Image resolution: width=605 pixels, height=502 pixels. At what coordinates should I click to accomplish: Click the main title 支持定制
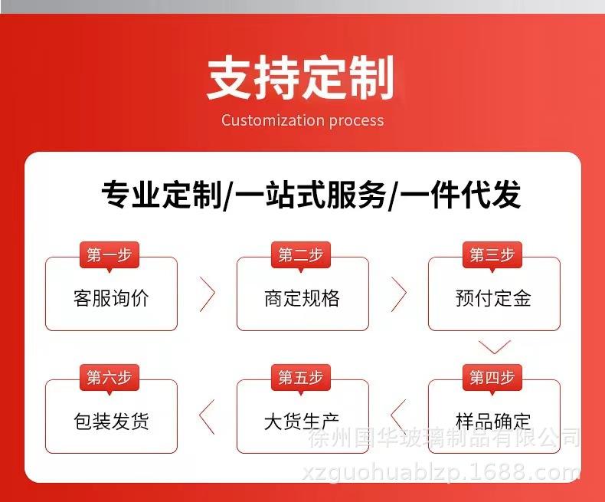tap(300, 77)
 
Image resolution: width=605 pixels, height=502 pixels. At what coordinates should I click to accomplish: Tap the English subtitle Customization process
tap(303, 120)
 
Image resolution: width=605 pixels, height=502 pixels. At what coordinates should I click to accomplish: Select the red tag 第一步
tap(110, 255)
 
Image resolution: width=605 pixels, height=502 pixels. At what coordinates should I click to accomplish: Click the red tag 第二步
tap(301, 255)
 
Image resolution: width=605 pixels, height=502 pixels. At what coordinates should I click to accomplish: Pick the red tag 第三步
tap(492, 255)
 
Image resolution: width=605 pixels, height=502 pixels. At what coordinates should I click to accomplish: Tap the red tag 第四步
tap(492, 378)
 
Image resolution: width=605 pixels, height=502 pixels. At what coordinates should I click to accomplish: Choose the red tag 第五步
tap(301, 378)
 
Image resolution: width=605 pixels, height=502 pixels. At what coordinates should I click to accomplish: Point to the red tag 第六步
tap(110, 378)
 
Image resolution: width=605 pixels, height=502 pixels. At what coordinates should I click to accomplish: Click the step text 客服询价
tap(111, 298)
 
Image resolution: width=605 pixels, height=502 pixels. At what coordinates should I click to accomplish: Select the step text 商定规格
tap(302, 298)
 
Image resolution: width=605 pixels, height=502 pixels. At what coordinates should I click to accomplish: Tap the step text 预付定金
tap(493, 298)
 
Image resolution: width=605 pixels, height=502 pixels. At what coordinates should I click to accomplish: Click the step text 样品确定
tap(493, 421)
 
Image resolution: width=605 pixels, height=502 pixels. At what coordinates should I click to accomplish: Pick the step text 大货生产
tap(302, 421)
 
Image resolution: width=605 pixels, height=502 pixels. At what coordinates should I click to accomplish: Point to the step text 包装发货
tap(111, 421)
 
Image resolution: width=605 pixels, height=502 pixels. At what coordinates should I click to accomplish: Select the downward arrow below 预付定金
tap(494, 353)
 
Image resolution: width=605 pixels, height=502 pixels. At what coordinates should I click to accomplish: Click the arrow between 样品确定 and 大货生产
tap(392, 417)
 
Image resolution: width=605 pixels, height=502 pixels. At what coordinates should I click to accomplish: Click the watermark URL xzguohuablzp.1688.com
tap(441, 473)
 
